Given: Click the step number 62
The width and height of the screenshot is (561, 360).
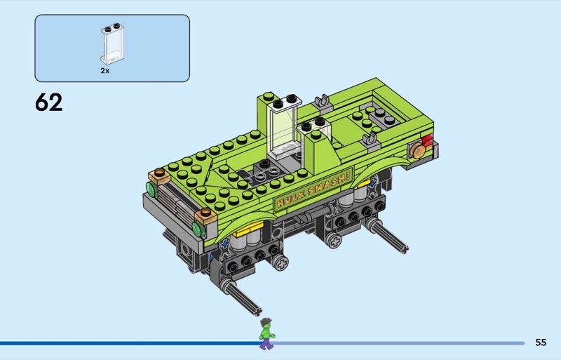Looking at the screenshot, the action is pyautogui.click(x=48, y=102).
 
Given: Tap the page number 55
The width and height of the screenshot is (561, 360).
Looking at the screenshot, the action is pyautogui.click(x=541, y=342).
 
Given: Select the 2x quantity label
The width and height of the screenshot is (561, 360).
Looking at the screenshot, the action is pyautogui.click(x=104, y=71).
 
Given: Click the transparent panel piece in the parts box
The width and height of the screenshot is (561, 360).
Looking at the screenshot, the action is pyautogui.click(x=112, y=44).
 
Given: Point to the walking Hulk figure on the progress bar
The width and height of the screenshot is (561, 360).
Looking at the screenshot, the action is pyautogui.click(x=266, y=333).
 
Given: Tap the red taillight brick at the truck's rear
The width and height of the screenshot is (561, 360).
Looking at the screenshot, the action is pyautogui.click(x=428, y=140).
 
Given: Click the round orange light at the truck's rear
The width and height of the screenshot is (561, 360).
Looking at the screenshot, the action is pyautogui.click(x=417, y=151).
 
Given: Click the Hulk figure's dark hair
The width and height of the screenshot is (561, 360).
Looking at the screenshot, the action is pyautogui.click(x=266, y=321).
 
